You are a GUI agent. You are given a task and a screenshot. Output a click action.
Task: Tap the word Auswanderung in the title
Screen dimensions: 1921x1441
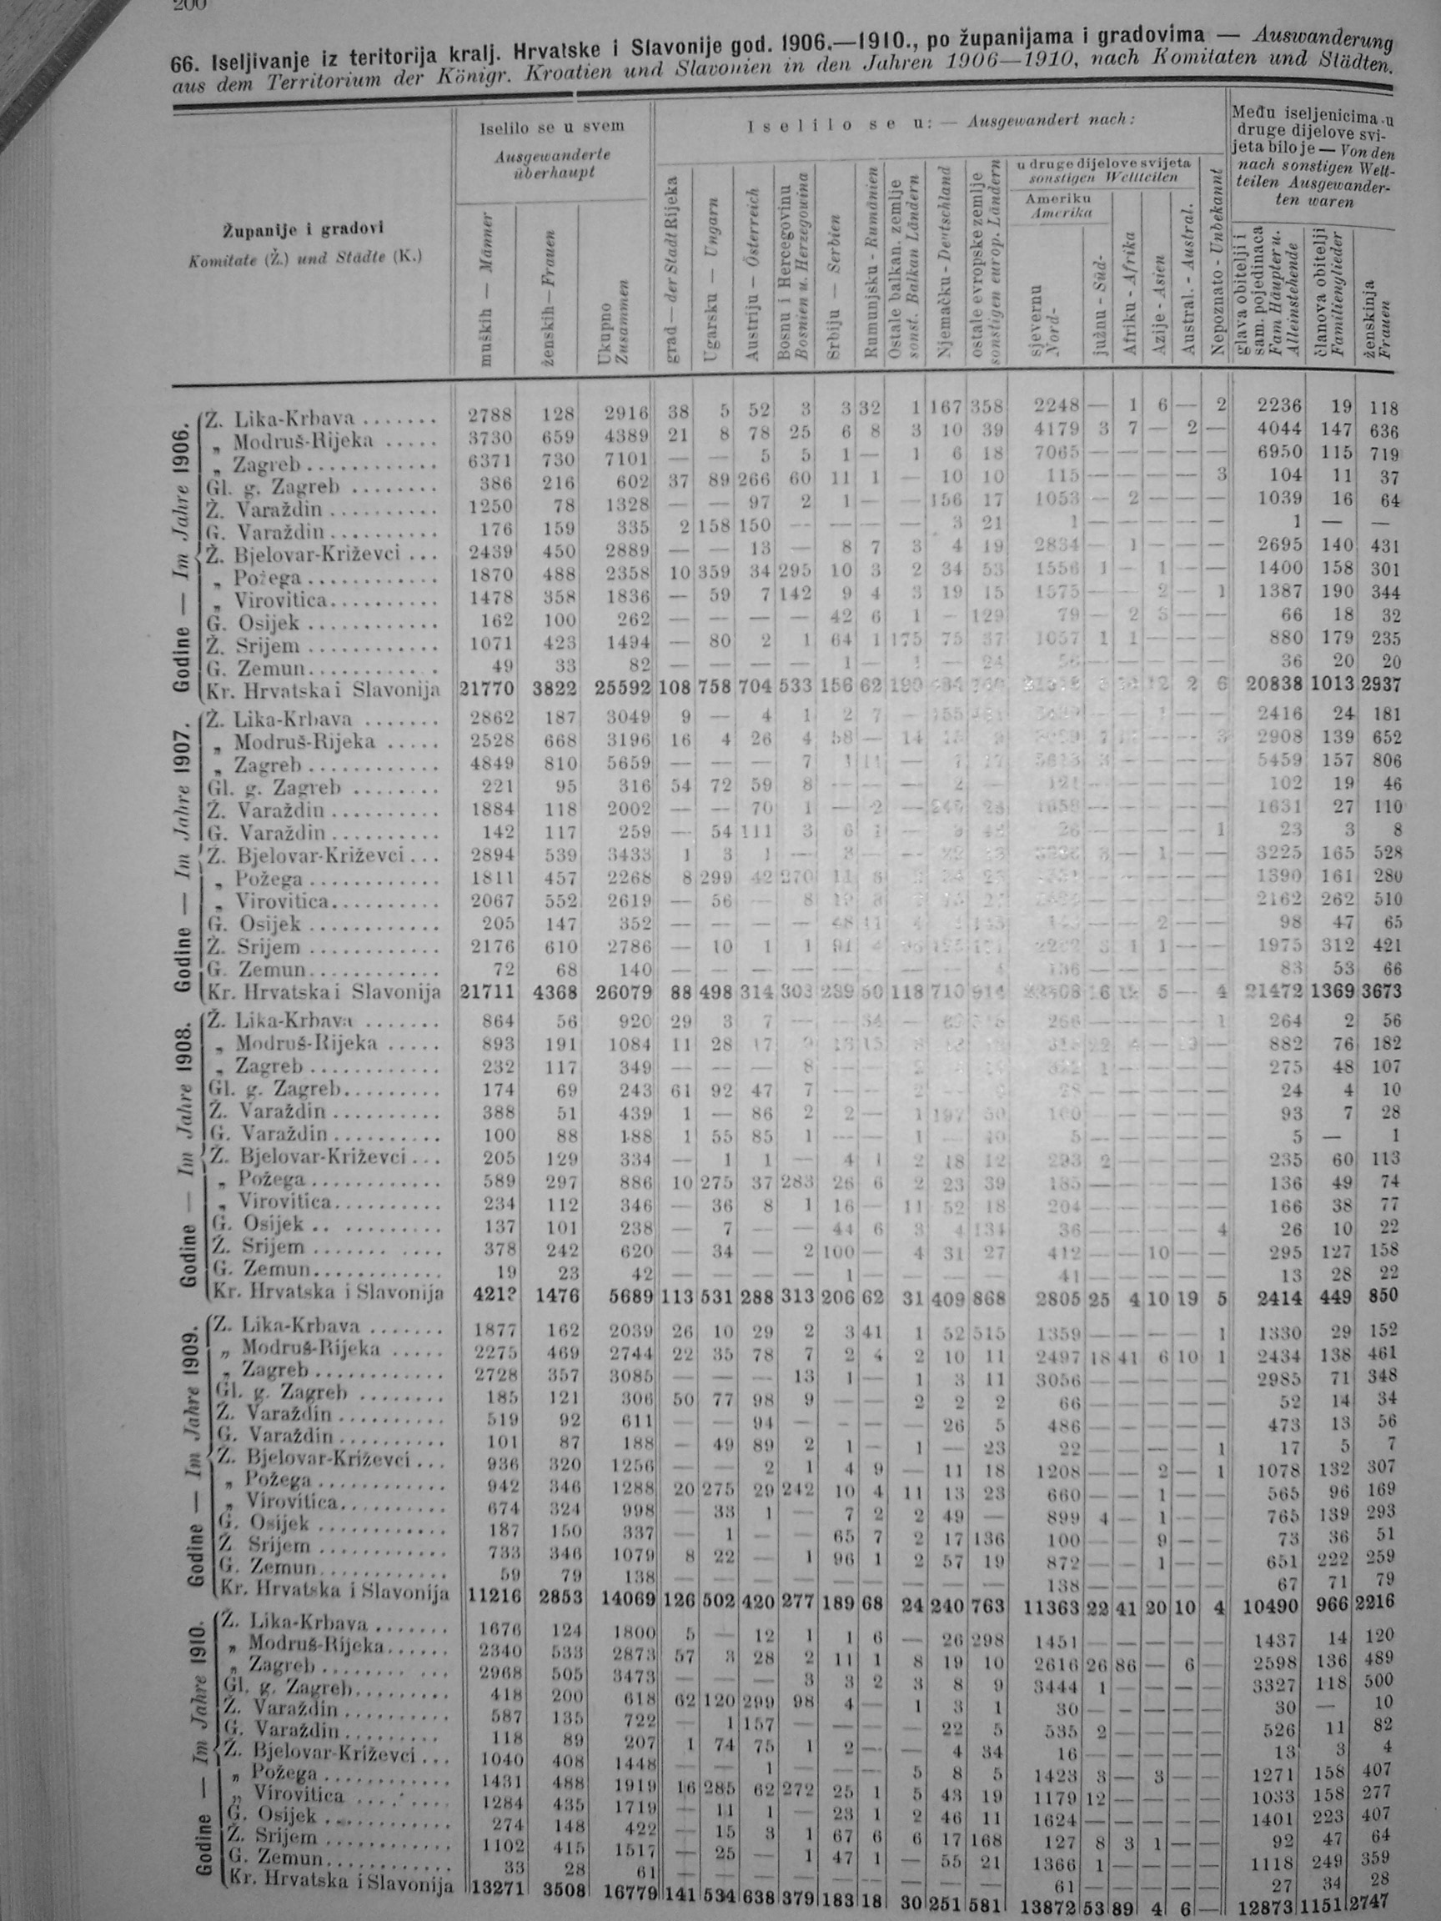(1324, 37)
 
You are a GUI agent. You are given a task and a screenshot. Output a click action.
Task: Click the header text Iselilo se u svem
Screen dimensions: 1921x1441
(551, 127)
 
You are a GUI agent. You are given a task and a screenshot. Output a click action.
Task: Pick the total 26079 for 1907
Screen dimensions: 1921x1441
(623, 991)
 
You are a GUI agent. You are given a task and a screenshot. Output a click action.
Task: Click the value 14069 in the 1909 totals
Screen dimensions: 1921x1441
(627, 1595)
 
